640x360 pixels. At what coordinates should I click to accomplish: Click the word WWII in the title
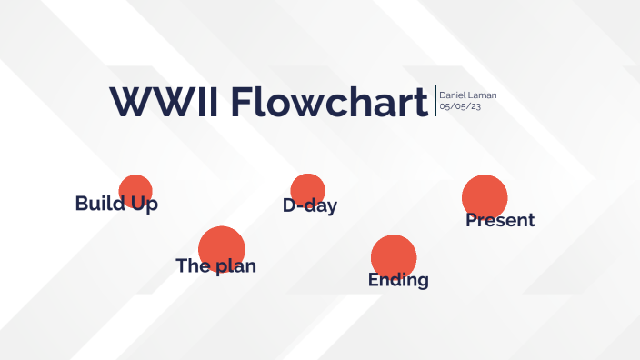pos(164,102)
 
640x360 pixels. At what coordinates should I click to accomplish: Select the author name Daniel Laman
pos(467,95)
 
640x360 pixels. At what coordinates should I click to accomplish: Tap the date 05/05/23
pos(460,107)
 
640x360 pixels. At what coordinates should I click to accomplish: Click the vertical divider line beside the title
pos(435,101)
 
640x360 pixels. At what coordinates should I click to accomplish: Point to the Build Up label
pos(116,204)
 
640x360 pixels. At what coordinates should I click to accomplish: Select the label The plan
pos(215,266)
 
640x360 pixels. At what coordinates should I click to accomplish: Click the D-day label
pos(310,205)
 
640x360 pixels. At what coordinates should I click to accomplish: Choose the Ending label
pos(398,280)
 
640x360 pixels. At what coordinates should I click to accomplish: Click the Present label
pos(500,220)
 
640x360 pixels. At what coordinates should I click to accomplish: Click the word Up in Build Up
pos(144,205)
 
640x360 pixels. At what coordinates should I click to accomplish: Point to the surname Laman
pos(484,95)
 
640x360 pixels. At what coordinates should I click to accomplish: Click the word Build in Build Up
pos(99,204)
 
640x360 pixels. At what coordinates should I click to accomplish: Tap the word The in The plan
pos(193,266)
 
